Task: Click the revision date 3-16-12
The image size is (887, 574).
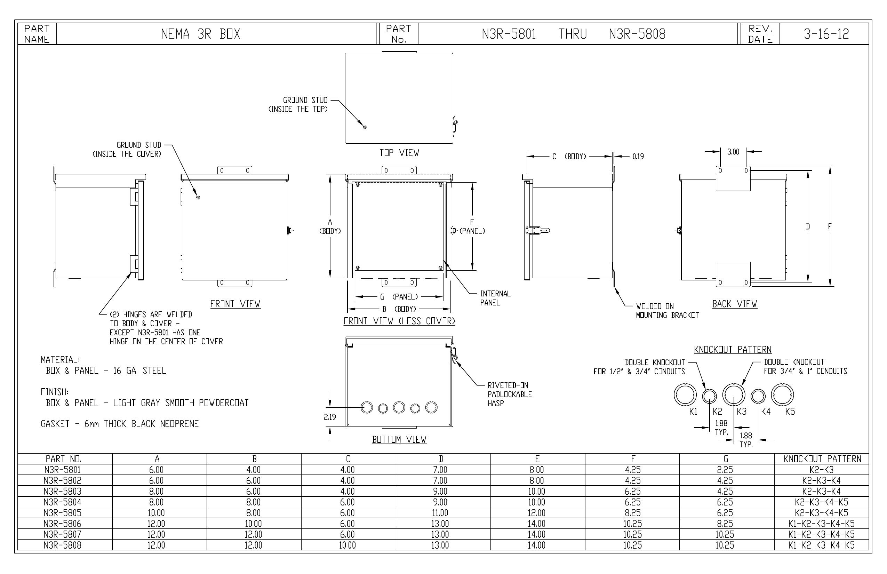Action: click(826, 34)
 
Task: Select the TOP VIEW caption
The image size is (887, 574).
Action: click(399, 153)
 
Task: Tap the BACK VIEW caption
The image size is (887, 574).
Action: click(735, 304)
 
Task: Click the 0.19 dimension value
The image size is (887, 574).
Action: click(638, 157)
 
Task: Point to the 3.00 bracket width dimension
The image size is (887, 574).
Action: click(733, 152)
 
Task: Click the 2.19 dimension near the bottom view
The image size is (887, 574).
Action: click(330, 417)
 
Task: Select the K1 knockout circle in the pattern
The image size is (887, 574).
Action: click(685, 394)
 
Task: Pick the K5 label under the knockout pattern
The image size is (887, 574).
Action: click(790, 412)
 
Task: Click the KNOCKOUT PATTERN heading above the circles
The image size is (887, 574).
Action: click(733, 350)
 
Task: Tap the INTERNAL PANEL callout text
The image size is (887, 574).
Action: click(495, 298)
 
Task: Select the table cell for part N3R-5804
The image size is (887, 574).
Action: click(62, 502)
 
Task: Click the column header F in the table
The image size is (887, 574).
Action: click(633, 459)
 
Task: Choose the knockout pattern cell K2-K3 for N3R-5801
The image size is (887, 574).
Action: click(821, 470)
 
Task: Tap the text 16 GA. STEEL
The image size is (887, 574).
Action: click(139, 370)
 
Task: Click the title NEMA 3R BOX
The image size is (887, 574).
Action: click(200, 34)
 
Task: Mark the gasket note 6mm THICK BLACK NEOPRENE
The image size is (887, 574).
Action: click(141, 424)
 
